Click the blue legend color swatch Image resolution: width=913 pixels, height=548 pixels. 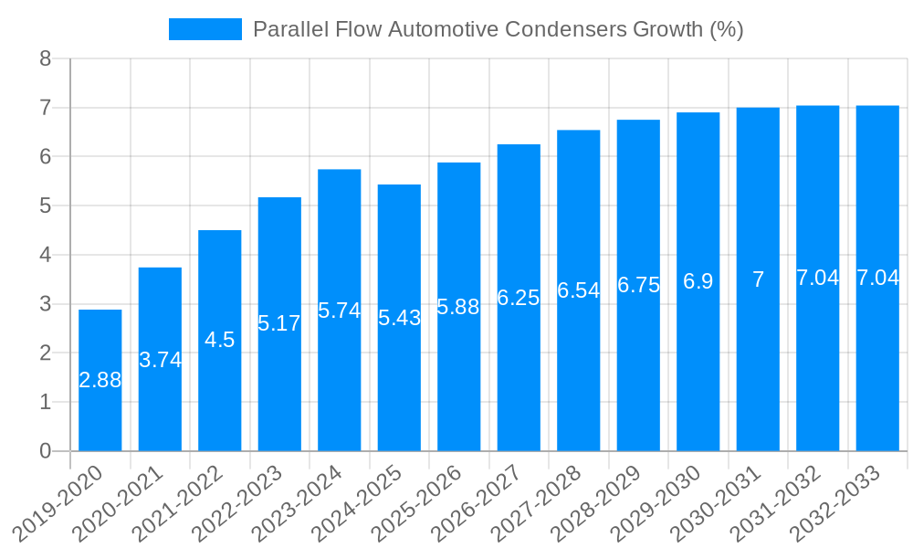coord(205,29)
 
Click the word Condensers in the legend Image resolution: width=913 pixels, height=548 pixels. coord(563,29)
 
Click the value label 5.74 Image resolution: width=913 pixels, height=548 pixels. coord(339,311)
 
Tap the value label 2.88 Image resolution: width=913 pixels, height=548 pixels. coord(100,381)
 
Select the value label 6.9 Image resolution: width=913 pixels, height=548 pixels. coord(698,281)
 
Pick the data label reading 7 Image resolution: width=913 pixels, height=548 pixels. coord(758,279)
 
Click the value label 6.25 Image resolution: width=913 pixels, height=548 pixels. coord(518,298)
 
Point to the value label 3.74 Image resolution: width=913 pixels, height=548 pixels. coord(160,360)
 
